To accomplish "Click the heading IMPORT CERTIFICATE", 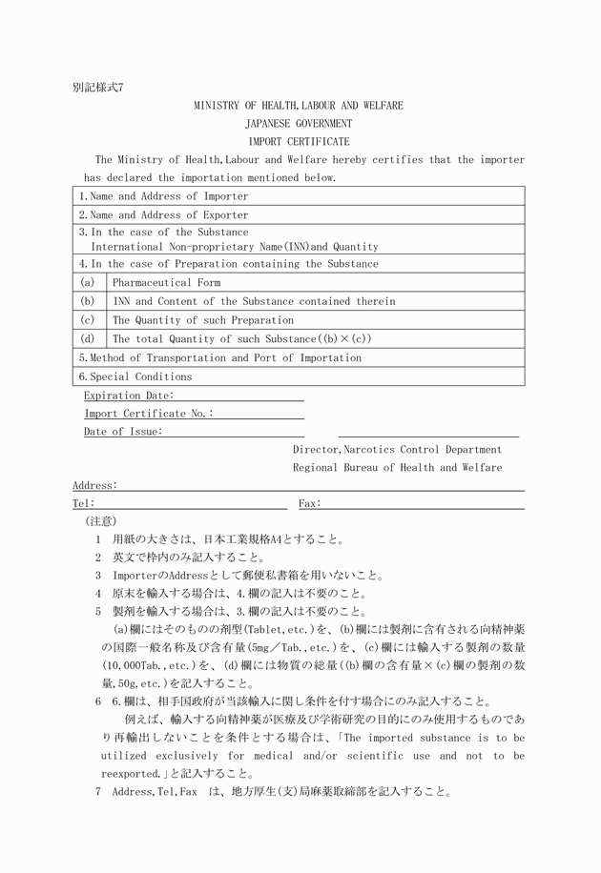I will [299, 142].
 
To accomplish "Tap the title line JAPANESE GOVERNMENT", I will [299, 124].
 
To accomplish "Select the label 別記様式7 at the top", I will [98, 87].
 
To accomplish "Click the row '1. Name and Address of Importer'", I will [163, 196].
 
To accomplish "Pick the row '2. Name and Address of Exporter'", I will [163, 215].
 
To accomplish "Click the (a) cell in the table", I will [88, 283].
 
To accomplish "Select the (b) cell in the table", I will [88, 301].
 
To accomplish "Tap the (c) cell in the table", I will [88, 320].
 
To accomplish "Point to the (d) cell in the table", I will [88, 338].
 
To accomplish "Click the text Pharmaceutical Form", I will [166, 283].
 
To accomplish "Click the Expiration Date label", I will [129, 396].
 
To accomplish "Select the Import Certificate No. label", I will [149, 414].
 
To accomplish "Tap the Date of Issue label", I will [123, 432].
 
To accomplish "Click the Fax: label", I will [310, 503].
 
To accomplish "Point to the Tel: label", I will [84, 503].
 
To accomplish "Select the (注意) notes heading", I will [100, 521].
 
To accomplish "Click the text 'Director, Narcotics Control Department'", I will [397, 450].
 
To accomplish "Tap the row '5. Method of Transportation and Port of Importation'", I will [219, 358].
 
